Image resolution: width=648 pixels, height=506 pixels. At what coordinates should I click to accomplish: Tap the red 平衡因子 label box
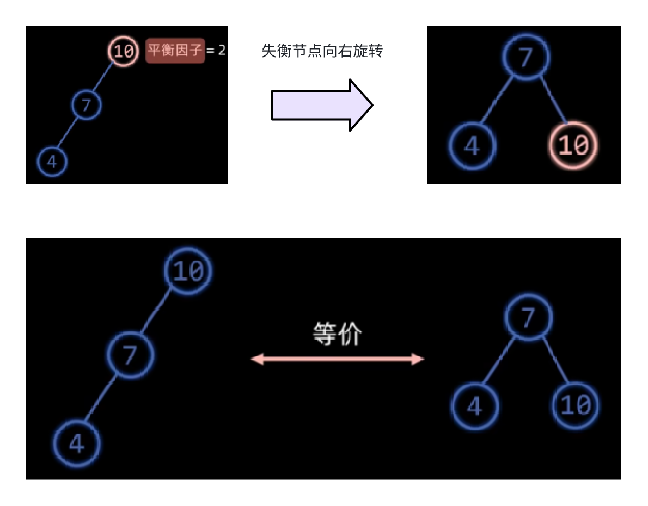(x=175, y=51)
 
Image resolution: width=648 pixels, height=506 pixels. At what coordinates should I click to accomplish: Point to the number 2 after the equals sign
(x=222, y=51)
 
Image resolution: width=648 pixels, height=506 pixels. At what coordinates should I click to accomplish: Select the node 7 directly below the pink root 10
(x=87, y=106)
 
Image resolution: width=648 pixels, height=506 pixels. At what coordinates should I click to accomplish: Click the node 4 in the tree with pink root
(x=52, y=162)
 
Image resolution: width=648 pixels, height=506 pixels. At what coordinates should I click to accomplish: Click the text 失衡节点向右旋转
(x=322, y=52)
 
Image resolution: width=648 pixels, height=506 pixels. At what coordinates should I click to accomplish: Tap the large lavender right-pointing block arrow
(x=322, y=105)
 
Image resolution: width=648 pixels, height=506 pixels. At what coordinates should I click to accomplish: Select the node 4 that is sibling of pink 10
(x=472, y=146)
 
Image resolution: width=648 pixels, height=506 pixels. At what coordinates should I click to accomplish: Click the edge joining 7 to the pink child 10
(x=553, y=100)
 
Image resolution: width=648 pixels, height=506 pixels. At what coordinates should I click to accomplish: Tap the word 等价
(x=337, y=334)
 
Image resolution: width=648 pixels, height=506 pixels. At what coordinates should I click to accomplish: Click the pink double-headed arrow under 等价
(x=337, y=359)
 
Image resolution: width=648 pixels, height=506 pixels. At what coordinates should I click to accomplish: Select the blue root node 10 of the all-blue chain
(x=188, y=271)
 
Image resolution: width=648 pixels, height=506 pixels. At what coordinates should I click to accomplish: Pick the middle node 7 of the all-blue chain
(x=130, y=355)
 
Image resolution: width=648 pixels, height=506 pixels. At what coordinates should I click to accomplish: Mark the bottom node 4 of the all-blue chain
(x=77, y=443)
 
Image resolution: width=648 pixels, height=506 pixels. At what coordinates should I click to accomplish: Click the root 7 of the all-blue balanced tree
(x=528, y=317)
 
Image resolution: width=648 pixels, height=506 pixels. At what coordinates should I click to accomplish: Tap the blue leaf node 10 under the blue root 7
(x=576, y=405)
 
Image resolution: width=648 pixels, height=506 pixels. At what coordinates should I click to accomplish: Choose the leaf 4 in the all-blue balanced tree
(x=475, y=406)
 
